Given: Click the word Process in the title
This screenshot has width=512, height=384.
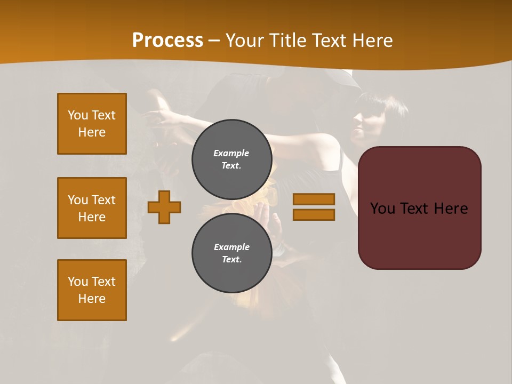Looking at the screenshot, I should coord(167,41).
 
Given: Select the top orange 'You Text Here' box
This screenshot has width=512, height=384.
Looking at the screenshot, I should coord(92,124).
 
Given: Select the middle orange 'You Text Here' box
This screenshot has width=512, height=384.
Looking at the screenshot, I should coord(92,208).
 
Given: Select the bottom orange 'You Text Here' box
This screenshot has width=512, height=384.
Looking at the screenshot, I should coord(92,290).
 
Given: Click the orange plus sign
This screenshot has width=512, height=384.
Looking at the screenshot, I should coord(164,207).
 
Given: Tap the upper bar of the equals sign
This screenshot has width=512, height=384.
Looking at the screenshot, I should coord(314,199).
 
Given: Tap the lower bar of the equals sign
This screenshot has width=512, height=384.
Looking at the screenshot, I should coord(314,215).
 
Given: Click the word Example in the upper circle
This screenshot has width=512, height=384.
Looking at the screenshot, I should coord(231,153).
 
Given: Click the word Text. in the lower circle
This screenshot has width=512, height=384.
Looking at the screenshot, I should coord(231,260).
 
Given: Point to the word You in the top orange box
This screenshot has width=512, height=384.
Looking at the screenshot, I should coord(77,115).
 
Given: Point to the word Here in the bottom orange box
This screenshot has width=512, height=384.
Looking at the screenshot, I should coord(92,299).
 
